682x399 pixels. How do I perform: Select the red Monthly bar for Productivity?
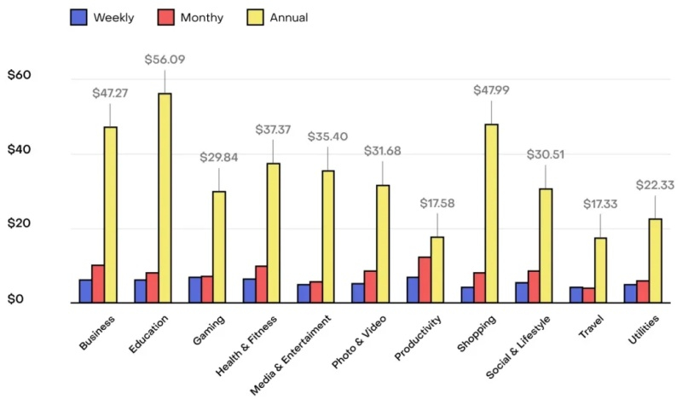pos(425,280)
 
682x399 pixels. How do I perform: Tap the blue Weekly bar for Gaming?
pos(195,290)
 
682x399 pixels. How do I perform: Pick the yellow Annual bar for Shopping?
pos(492,213)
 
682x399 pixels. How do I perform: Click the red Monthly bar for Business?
pos(98,284)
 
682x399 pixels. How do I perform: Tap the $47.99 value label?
pos(492,91)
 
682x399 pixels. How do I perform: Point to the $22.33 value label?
pos(655,185)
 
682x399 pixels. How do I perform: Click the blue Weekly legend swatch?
pos(79,16)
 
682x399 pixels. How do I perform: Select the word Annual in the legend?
pos(291,17)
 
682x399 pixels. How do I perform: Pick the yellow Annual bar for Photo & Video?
pos(383,244)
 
